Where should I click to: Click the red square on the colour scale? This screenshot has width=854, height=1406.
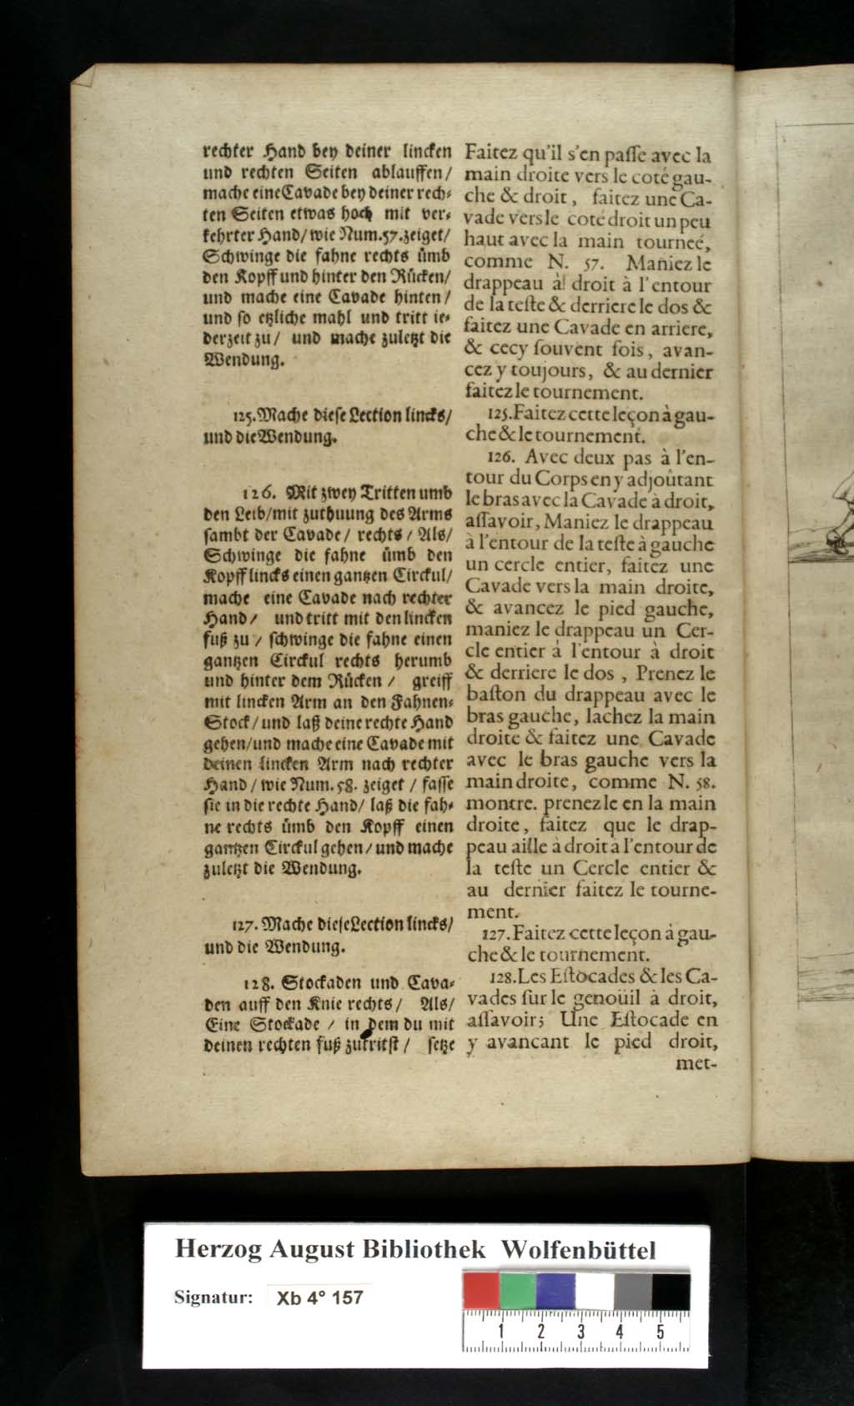point(481,1291)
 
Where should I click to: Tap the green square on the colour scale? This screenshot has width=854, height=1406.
point(518,1291)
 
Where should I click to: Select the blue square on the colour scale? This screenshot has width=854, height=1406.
point(555,1291)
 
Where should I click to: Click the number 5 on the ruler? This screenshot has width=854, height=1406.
point(660,1332)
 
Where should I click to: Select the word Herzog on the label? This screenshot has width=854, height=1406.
point(219,1249)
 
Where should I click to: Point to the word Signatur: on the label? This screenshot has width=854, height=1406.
point(213,1297)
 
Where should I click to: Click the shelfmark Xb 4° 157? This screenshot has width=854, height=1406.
point(319,1298)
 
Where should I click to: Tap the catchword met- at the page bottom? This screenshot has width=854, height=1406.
point(699,1063)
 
